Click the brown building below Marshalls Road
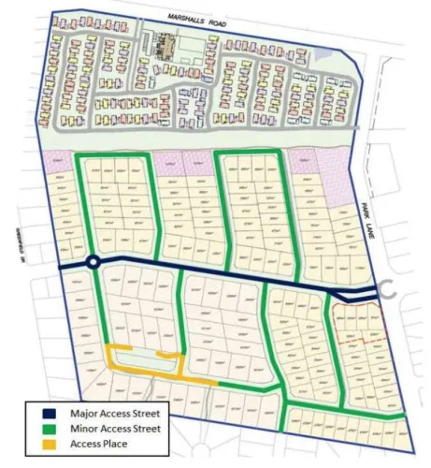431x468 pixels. click(166, 44)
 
